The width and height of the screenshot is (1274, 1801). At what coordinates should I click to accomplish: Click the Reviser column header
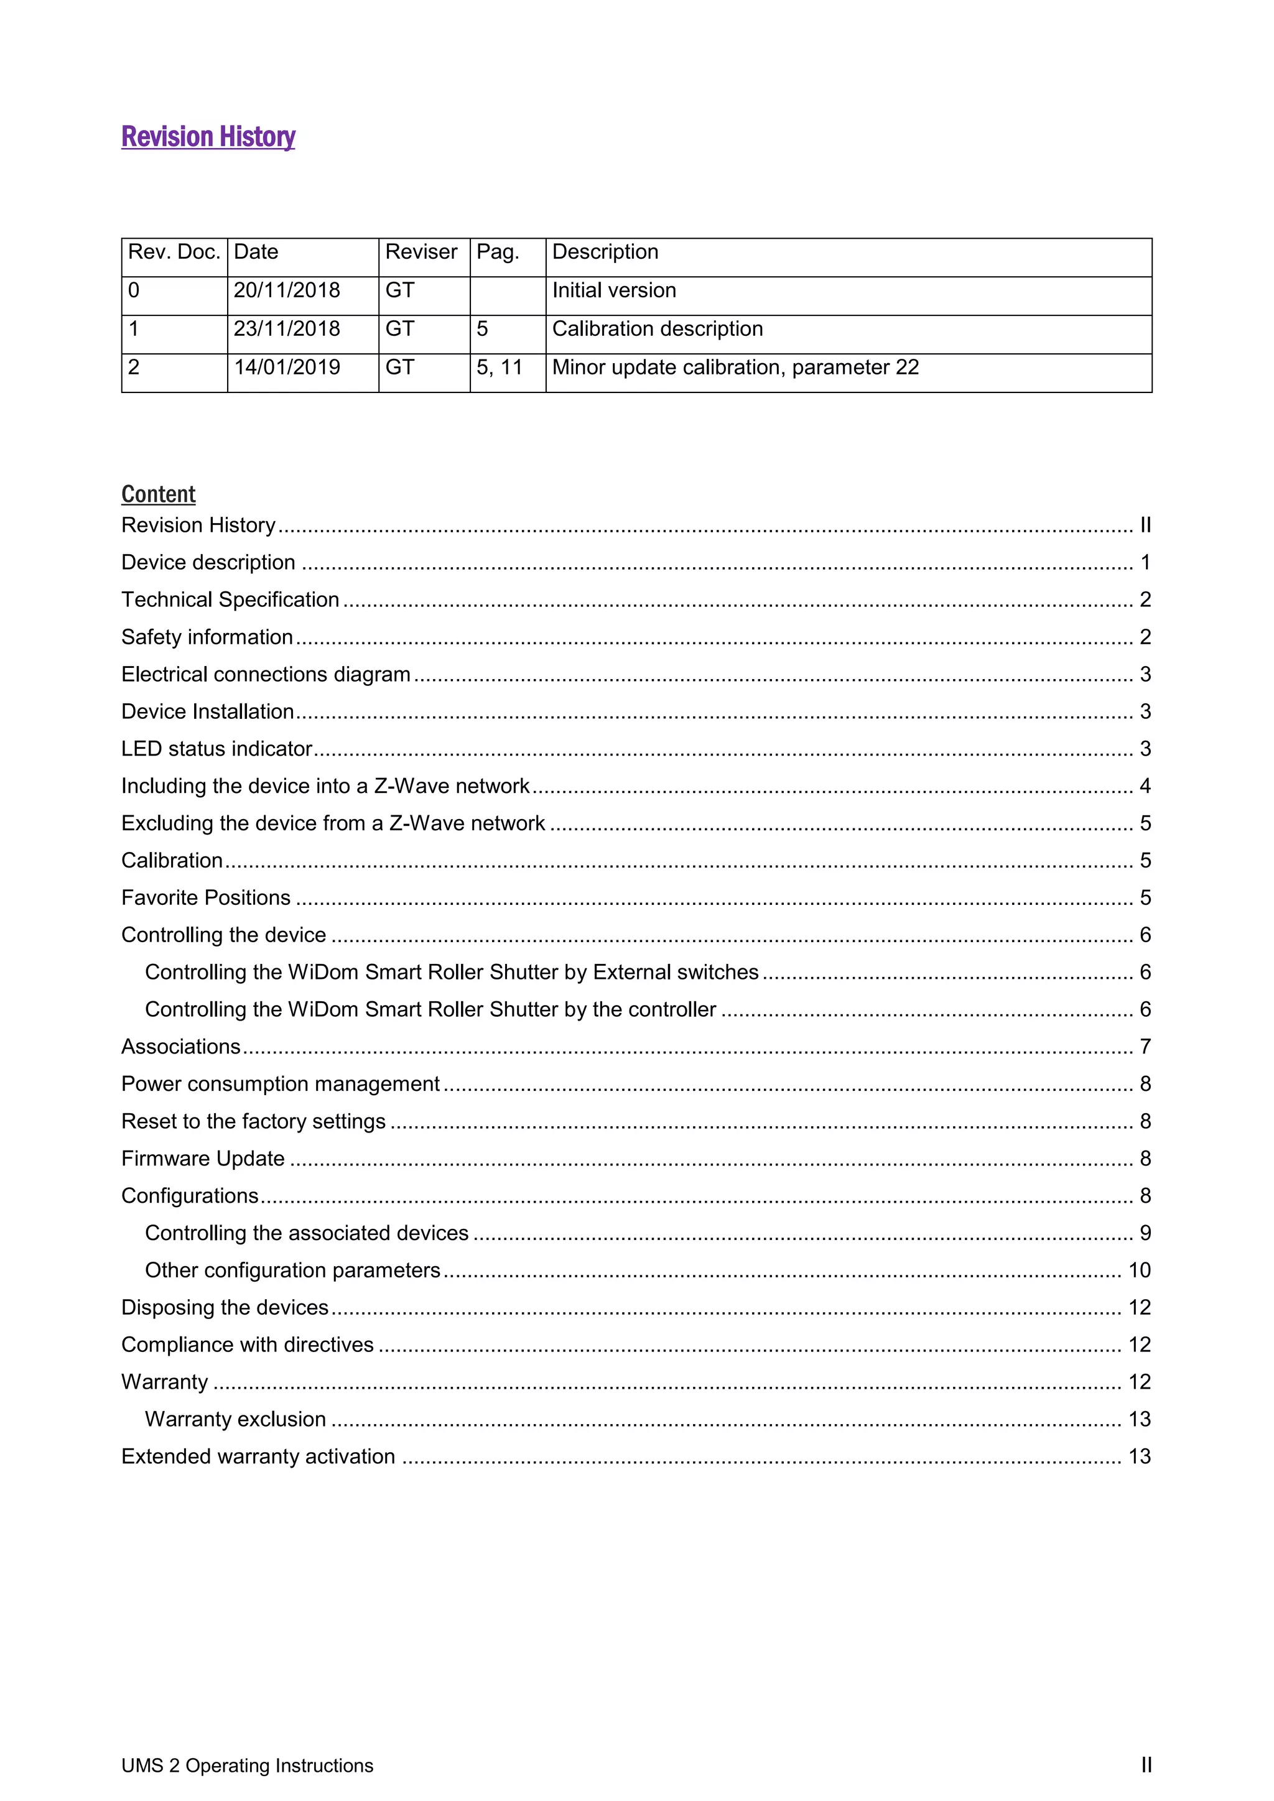coord(421,252)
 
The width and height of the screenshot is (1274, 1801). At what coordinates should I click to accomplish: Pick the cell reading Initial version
coord(613,290)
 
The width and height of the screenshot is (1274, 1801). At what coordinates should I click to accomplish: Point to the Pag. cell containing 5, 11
coord(499,367)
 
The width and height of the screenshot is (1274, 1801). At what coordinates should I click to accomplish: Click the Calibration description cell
coord(657,328)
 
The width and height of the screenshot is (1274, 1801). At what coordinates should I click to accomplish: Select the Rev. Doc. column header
coord(174,252)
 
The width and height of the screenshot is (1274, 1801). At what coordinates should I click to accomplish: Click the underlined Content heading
coord(159,494)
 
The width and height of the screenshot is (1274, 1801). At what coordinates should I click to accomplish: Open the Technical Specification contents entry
coord(230,600)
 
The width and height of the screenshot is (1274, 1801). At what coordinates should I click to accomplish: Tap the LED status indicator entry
coord(216,748)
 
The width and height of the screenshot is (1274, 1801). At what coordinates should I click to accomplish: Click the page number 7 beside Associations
coord(1145,1047)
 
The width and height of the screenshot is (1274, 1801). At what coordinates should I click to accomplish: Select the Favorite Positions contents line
coord(205,897)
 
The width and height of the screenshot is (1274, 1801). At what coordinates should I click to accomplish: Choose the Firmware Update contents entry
coord(202,1159)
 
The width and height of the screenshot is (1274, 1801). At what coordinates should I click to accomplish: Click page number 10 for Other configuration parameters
coord(1139,1270)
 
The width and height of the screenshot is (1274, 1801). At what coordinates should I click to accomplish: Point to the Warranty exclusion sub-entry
coord(235,1419)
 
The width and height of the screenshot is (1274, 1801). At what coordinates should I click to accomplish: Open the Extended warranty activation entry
coord(258,1456)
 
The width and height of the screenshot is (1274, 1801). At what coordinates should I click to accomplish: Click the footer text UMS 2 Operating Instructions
coord(247,1766)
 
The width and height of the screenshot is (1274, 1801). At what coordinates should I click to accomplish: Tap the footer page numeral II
coord(1146,1766)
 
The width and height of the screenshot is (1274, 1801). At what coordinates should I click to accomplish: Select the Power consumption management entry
coord(280,1084)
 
